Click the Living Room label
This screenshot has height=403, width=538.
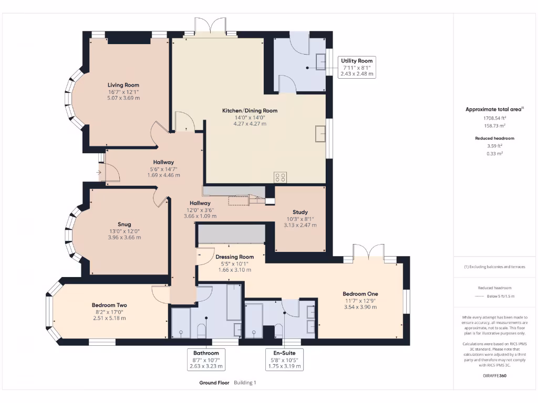(123, 85)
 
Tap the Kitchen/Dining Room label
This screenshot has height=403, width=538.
(250, 111)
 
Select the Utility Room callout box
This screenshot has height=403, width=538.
(357, 67)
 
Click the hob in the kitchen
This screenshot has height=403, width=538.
(281, 177)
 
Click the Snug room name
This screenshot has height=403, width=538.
(124, 225)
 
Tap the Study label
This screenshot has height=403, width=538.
(300, 212)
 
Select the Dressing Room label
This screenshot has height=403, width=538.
(235, 257)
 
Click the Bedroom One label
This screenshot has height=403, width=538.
(360, 294)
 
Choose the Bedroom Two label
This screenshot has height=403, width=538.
(109, 305)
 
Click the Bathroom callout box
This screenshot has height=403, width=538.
(206, 359)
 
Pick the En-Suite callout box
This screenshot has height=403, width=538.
(284, 359)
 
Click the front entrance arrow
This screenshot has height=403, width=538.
(99, 172)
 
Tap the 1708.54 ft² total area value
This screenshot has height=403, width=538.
(495, 118)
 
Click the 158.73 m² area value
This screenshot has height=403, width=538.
(495, 126)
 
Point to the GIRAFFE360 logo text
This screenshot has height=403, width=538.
(495, 376)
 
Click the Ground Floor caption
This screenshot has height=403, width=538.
(214, 383)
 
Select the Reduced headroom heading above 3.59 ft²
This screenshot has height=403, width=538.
(495, 139)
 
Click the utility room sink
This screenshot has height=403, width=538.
(321, 62)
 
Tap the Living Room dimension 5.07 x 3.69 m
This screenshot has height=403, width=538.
(123, 98)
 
